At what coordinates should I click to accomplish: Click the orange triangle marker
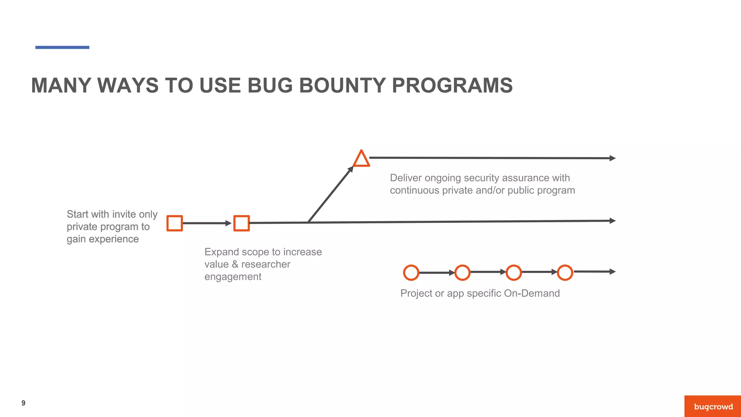click(x=361, y=159)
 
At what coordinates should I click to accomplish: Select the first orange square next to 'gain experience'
click(x=174, y=223)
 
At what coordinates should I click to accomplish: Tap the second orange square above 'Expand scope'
click(x=241, y=223)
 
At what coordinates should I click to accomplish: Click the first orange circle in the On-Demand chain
click(x=411, y=273)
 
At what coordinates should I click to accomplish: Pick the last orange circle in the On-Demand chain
click(x=565, y=273)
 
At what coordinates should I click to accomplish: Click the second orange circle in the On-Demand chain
click(x=462, y=273)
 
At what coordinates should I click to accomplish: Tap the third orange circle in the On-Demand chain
click(x=513, y=273)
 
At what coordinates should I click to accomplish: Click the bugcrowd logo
click(x=713, y=407)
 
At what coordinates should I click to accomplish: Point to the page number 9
click(x=24, y=403)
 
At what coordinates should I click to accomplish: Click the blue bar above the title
click(x=62, y=47)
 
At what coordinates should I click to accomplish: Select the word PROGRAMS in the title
click(x=452, y=85)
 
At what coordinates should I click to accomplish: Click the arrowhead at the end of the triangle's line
click(x=612, y=158)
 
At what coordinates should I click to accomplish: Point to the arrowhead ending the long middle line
click(x=612, y=221)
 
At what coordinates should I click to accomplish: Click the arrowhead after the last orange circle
click(x=612, y=271)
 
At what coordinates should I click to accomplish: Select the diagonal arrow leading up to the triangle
click(x=330, y=194)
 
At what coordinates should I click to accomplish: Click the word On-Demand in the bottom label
click(x=532, y=293)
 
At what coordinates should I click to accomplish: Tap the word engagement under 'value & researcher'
click(x=233, y=277)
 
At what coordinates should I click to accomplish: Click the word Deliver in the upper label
click(x=406, y=178)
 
